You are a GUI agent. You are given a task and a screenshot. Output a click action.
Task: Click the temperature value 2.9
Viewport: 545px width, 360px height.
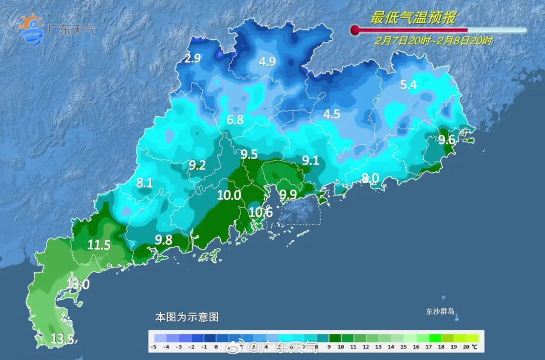(192, 59)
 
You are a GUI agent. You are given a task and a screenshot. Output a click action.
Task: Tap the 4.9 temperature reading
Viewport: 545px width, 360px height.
(267, 62)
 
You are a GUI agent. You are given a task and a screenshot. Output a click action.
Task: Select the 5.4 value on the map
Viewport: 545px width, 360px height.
(408, 85)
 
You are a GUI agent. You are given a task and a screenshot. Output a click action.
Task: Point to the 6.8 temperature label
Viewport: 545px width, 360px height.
(236, 120)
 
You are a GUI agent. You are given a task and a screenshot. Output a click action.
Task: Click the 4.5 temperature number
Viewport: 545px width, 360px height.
(332, 114)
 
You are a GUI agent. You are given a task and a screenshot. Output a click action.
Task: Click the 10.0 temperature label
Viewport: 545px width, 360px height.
(229, 195)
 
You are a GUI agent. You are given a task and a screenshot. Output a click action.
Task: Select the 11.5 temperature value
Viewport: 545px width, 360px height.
(99, 246)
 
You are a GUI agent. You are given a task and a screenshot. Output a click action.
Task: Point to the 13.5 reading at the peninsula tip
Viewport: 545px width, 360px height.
(64, 338)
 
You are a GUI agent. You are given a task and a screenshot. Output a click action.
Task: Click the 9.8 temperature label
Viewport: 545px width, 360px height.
(164, 240)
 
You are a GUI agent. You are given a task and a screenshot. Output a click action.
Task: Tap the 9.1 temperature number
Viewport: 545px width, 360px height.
(310, 161)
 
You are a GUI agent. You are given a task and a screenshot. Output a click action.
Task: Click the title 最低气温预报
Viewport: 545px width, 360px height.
(412, 18)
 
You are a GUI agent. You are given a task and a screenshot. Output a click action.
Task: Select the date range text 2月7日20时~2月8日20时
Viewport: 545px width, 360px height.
(433, 41)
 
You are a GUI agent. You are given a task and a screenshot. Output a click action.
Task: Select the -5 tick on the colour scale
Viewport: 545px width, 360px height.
(153, 347)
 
